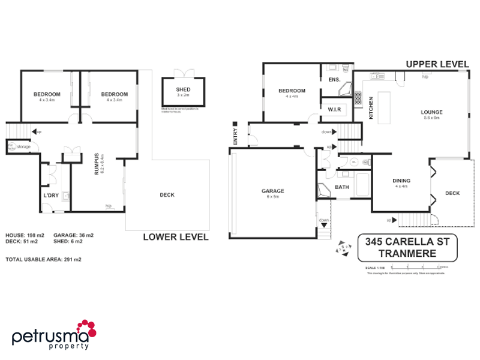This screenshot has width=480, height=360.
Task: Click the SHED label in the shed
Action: (x=183, y=89)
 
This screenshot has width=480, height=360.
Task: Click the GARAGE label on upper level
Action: (x=272, y=191)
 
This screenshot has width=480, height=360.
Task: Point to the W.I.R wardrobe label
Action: (x=334, y=109)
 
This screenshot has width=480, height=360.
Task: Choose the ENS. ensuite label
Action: (x=334, y=80)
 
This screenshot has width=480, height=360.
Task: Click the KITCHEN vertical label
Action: (x=371, y=108)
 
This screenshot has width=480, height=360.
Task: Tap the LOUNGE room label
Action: (x=431, y=112)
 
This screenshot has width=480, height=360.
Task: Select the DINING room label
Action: (x=401, y=181)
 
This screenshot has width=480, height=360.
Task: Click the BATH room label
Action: (x=341, y=187)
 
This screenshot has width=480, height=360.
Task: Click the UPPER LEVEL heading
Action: (x=437, y=64)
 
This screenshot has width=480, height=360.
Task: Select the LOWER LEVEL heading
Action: (x=175, y=237)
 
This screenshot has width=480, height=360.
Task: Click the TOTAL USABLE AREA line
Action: (x=43, y=260)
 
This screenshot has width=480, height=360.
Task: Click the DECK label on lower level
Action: (x=167, y=194)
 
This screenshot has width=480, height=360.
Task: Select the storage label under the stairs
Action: (x=23, y=146)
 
